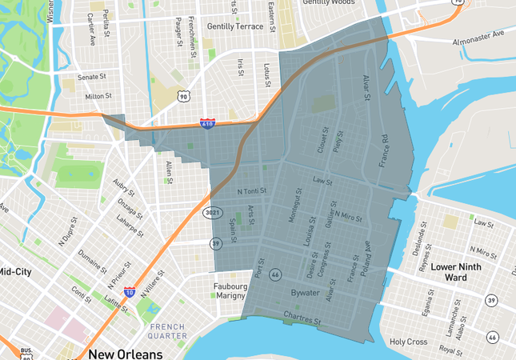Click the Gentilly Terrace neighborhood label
pyautogui.click(x=234, y=26)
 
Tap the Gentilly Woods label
pyautogui.click(x=329, y=3)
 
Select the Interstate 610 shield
pyautogui.click(x=207, y=125)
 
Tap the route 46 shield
pyautogui.click(x=275, y=274)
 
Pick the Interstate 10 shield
pyautogui.click(x=129, y=294)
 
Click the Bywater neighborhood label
pyautogui.click(x=305, y=293)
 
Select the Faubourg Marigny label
pyautogui.click(x=234, y=291)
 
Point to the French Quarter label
pyautogui.click(x=168, y=330)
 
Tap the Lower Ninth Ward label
pyautogui.click(x=460, y=270)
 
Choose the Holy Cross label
pyautogui.click(x=409, y=342)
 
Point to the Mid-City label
pyautogui.click(x=16, y=272)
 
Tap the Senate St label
pyautogui.click(x=92, y=77)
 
